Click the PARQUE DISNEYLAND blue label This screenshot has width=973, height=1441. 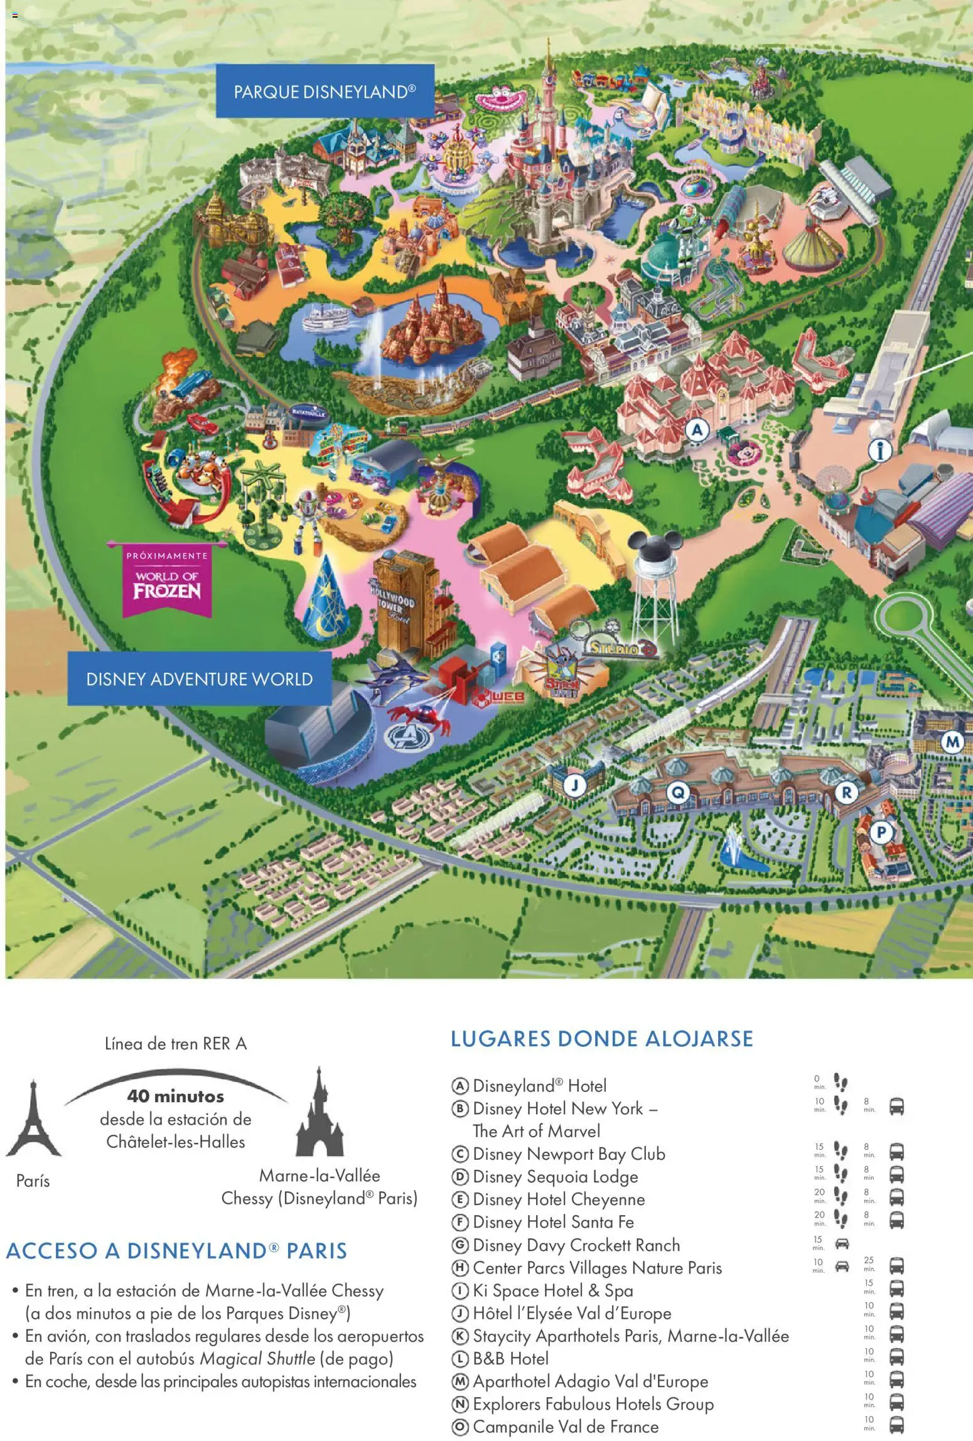[325, 92]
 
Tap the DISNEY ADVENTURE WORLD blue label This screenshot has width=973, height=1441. [200, 679]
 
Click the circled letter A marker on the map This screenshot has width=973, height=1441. [696, 431]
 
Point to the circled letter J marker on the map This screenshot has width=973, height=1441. [575, 785]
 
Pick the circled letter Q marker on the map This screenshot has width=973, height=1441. [678, 793]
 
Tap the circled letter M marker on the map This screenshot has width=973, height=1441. [953, 742]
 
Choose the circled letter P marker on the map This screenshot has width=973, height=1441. [881, 833]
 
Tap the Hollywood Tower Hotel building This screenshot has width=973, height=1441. [399, 603]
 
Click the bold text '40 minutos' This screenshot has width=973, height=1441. [175, 1096]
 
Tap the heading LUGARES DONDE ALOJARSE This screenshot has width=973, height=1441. [601, 1039]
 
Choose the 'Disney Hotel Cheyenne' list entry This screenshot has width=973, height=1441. [558, 1199]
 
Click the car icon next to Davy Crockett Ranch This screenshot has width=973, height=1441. [841, 1243]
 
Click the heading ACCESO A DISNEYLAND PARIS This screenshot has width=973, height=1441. [176, 1251]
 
